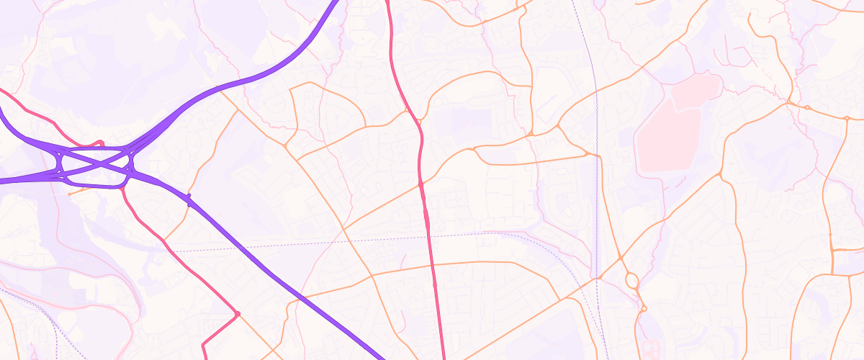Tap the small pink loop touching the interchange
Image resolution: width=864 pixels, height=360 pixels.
pos(102,143)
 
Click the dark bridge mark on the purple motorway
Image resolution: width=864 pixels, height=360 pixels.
pos(189,199)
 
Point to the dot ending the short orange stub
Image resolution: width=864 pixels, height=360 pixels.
pos(69,194)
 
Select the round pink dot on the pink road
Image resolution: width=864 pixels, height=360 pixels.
pos(237,314)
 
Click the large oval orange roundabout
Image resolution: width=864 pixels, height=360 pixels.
pos(631,279)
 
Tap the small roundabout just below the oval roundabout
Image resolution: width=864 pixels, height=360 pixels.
pos(643,308)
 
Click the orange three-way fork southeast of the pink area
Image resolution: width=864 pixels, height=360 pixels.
pos(721,175)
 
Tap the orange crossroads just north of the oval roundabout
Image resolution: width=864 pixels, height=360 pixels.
pos(620,258)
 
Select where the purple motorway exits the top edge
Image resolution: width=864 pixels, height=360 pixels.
pos(336,1)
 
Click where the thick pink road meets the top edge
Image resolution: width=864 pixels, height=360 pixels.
pos(387,1)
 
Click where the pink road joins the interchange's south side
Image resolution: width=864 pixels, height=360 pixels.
pos(123,187)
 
